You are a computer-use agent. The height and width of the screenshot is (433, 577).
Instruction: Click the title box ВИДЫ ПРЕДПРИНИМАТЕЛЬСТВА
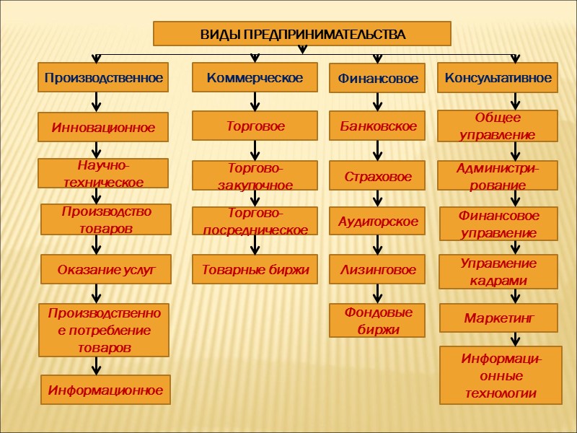coord(302,34)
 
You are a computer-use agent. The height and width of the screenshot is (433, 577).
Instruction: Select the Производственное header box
coord(103,77)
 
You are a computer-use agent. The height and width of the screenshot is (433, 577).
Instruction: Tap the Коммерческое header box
coord(255,77)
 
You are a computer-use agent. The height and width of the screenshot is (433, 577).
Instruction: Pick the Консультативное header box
coord(498,77)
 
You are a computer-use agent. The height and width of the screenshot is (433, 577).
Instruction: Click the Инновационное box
coord(103,127)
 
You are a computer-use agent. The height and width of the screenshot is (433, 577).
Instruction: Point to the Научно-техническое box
coord(103,174)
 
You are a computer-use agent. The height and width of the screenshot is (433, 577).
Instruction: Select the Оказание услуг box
coord(105,270)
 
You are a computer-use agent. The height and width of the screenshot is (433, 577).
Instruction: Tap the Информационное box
coord(105,390)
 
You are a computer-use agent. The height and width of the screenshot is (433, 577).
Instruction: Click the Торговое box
coord(255,126)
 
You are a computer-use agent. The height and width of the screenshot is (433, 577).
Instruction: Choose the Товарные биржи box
coord(255,270)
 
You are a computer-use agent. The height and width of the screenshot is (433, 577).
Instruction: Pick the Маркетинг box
coord(499,318)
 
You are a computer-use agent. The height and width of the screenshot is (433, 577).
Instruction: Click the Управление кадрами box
coord(499,271)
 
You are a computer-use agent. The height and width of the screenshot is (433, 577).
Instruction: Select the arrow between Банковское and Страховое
coord(377,151)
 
